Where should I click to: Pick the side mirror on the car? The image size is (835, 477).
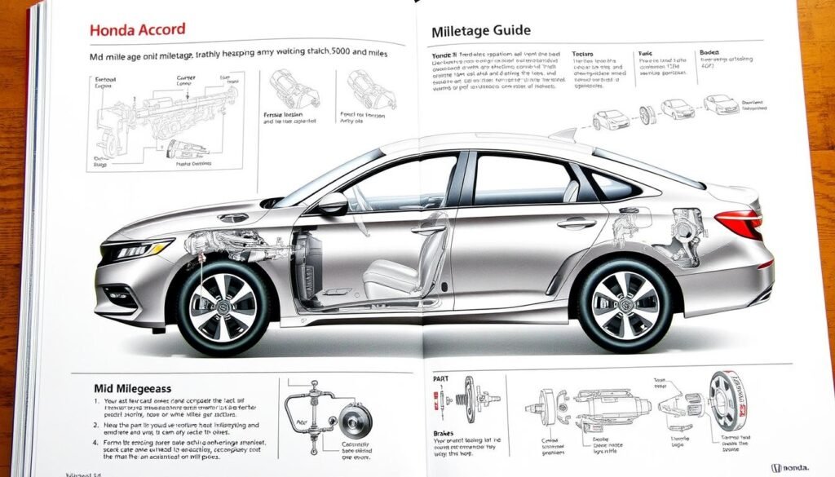point(333,204)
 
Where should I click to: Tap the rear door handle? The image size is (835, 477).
point(577,223)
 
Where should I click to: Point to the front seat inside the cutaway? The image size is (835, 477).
point(391,269)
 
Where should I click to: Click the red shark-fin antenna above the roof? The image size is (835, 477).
point(563,135)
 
